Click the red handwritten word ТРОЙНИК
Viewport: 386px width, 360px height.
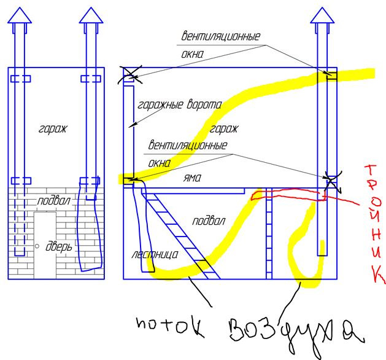(x=374, y=224)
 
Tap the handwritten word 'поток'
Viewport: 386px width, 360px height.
(x=171, y=326)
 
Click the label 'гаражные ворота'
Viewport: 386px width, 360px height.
(x=180, y=104)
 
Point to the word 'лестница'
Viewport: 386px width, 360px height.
(x=155, y=254)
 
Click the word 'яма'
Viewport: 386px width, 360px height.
(x=192, y=178)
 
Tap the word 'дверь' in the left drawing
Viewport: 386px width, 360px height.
(x=59, y=246)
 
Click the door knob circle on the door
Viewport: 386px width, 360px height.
(x=37, y=246)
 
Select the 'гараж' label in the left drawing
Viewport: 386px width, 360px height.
(x=52, y=129)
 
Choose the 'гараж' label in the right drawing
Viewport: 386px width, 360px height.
(x=223, y=129)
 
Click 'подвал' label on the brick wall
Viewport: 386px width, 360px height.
(x=53, y=201)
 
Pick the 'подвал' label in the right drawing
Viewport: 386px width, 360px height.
(x=208, y=221)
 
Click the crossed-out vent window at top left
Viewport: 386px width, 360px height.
(x=129, y=75)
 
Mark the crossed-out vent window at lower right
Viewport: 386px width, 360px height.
(x=332, y=182)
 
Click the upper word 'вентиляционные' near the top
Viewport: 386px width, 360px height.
(x=220, y=36)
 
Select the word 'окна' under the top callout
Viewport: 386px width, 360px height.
(x=192, y=54)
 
